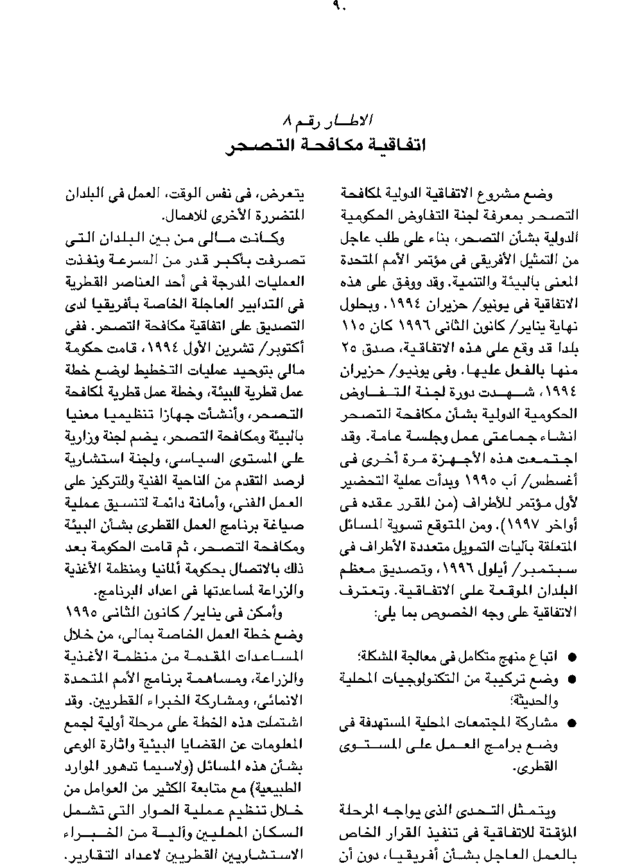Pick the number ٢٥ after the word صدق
pos(349,349)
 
